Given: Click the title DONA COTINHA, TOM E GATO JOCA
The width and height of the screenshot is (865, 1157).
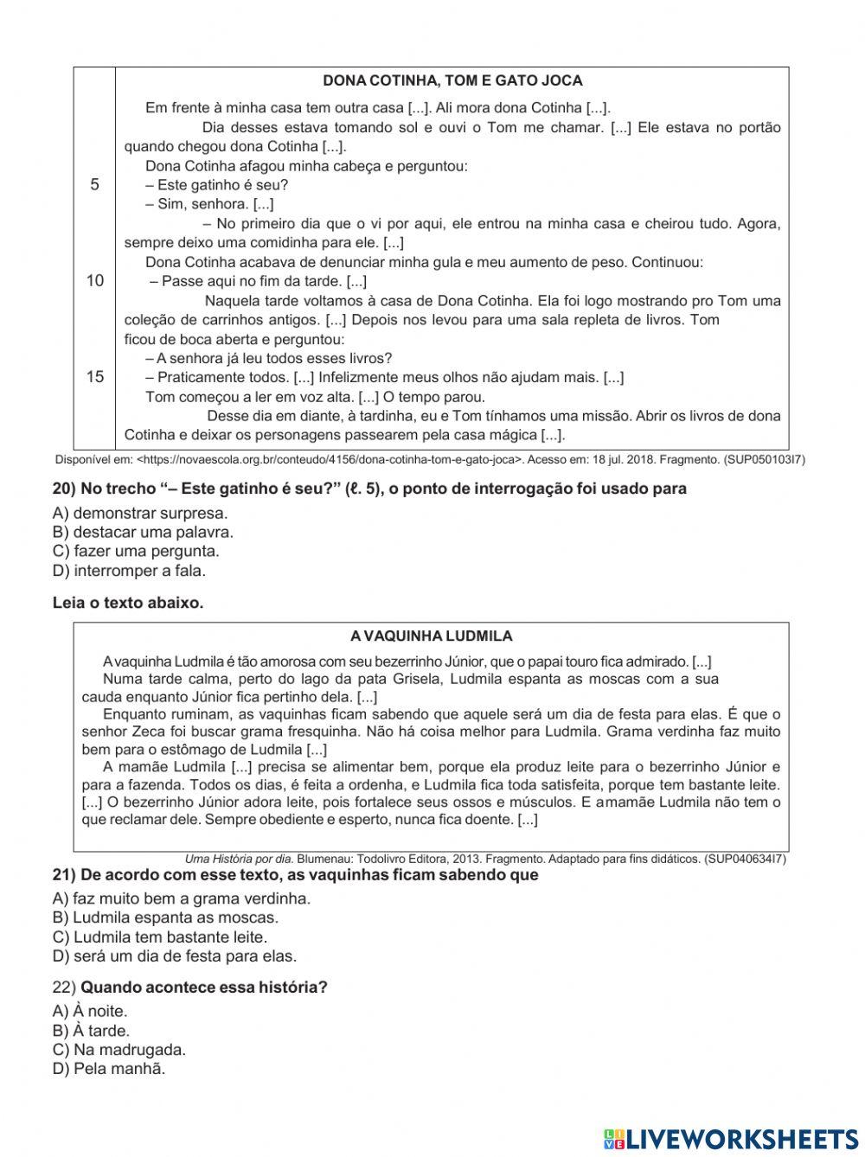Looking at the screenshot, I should coord(452,80).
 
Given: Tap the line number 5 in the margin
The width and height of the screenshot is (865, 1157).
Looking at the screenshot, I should coord(95,184).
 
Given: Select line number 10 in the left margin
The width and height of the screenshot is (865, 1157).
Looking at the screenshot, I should coord(95,280).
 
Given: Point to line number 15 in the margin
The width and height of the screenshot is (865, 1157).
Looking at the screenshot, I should coord(95,376).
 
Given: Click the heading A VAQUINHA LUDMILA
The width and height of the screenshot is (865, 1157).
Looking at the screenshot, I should coord(431,636).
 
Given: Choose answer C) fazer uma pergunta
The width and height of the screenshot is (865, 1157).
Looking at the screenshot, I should coord(136,551).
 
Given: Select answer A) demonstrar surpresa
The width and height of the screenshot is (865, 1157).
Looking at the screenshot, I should coord(140,513).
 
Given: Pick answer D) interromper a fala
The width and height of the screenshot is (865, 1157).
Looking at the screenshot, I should coord(129,571).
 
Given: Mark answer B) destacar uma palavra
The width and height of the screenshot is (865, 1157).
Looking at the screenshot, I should coord(143,532).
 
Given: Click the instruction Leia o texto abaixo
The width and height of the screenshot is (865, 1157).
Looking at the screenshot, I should coord(128,603).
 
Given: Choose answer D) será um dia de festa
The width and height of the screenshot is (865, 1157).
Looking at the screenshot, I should coord(174,956).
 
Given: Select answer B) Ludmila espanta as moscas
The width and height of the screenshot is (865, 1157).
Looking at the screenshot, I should coord(165,917).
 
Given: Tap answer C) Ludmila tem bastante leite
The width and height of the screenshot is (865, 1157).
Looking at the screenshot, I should coord(160,936).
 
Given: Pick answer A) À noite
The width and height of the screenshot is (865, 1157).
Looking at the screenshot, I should coord(90,1011).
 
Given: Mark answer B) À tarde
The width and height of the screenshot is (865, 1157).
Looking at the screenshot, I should coord(91,1031).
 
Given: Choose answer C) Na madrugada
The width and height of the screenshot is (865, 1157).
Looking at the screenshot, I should coord(119,1050).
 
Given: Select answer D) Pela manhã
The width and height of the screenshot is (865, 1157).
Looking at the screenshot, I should coord(108,1069).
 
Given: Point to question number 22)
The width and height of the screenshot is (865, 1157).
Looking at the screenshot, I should coord(65,987).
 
